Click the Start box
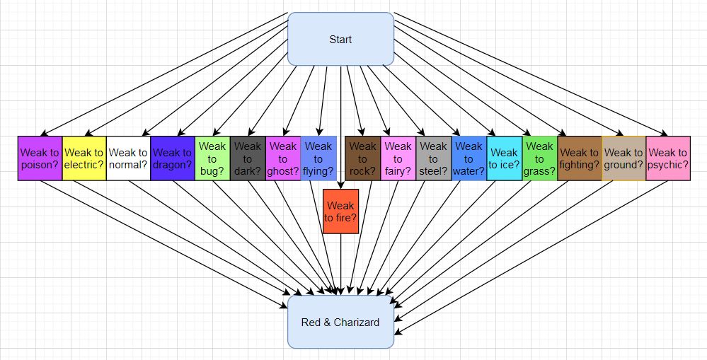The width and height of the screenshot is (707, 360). point(340,39)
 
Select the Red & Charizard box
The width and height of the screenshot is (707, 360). point(340,323)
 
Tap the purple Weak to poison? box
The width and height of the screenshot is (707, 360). point(40,158)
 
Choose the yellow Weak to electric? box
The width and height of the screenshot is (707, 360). point(84,158)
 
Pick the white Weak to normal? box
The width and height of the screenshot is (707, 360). point(128,158)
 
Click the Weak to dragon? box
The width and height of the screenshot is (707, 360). point(172,158)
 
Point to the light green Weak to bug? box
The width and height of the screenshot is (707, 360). point(212,158)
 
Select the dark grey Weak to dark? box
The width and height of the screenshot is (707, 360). point(248,158)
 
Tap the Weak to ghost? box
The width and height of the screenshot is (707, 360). point(283,158)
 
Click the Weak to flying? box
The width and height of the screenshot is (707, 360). point(318,158)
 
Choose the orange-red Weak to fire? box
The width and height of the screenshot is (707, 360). point(340,211)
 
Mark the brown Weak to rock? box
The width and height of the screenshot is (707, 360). point(363,158)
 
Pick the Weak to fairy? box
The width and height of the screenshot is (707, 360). point(398,158)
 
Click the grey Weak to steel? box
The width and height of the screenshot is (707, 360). point(433,158)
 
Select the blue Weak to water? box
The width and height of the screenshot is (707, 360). point(469,158)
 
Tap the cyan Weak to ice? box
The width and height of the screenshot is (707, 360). point(504,158)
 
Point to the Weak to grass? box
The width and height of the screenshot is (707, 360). point(539,158)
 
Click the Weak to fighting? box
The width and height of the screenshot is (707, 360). point(579,158)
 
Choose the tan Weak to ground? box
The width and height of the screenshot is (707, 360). point(623,158)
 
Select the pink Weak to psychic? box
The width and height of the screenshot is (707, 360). point(667,158)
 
